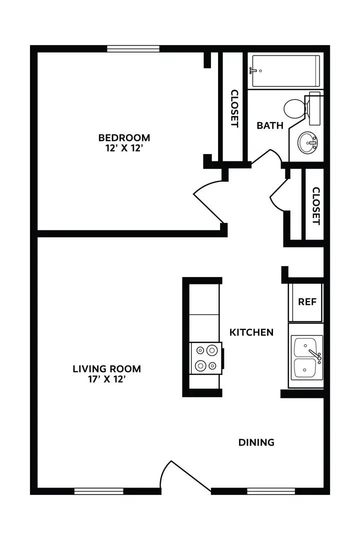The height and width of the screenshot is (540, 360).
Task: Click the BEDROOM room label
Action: (x=124, y=137)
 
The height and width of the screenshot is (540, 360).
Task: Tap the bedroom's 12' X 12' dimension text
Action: (x=124, y=148)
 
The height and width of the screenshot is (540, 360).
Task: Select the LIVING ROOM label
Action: (x=107, y=369)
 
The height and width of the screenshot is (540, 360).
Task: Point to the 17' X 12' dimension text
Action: (x=107, y=379)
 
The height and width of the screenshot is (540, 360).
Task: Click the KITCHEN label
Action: (x=251, y=332)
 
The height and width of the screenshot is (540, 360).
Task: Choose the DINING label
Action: (x=256, y=442)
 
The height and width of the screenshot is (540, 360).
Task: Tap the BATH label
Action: (x=270, y=125)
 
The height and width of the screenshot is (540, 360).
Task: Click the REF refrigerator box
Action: (x=307, y=302)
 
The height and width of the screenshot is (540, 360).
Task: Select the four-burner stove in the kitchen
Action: (x=205, y=358)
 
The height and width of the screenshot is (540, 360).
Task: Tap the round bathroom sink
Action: (x=308, y=144)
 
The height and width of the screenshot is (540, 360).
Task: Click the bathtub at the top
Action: (x=285, y=71)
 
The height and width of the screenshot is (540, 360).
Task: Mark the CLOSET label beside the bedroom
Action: (x=234, y=108)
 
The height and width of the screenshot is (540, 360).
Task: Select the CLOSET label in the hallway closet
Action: (x=315, y=205)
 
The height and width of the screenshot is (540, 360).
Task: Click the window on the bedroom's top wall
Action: (x=133, y=49)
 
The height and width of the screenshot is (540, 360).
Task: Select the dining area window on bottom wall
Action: (x=270, y=491)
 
